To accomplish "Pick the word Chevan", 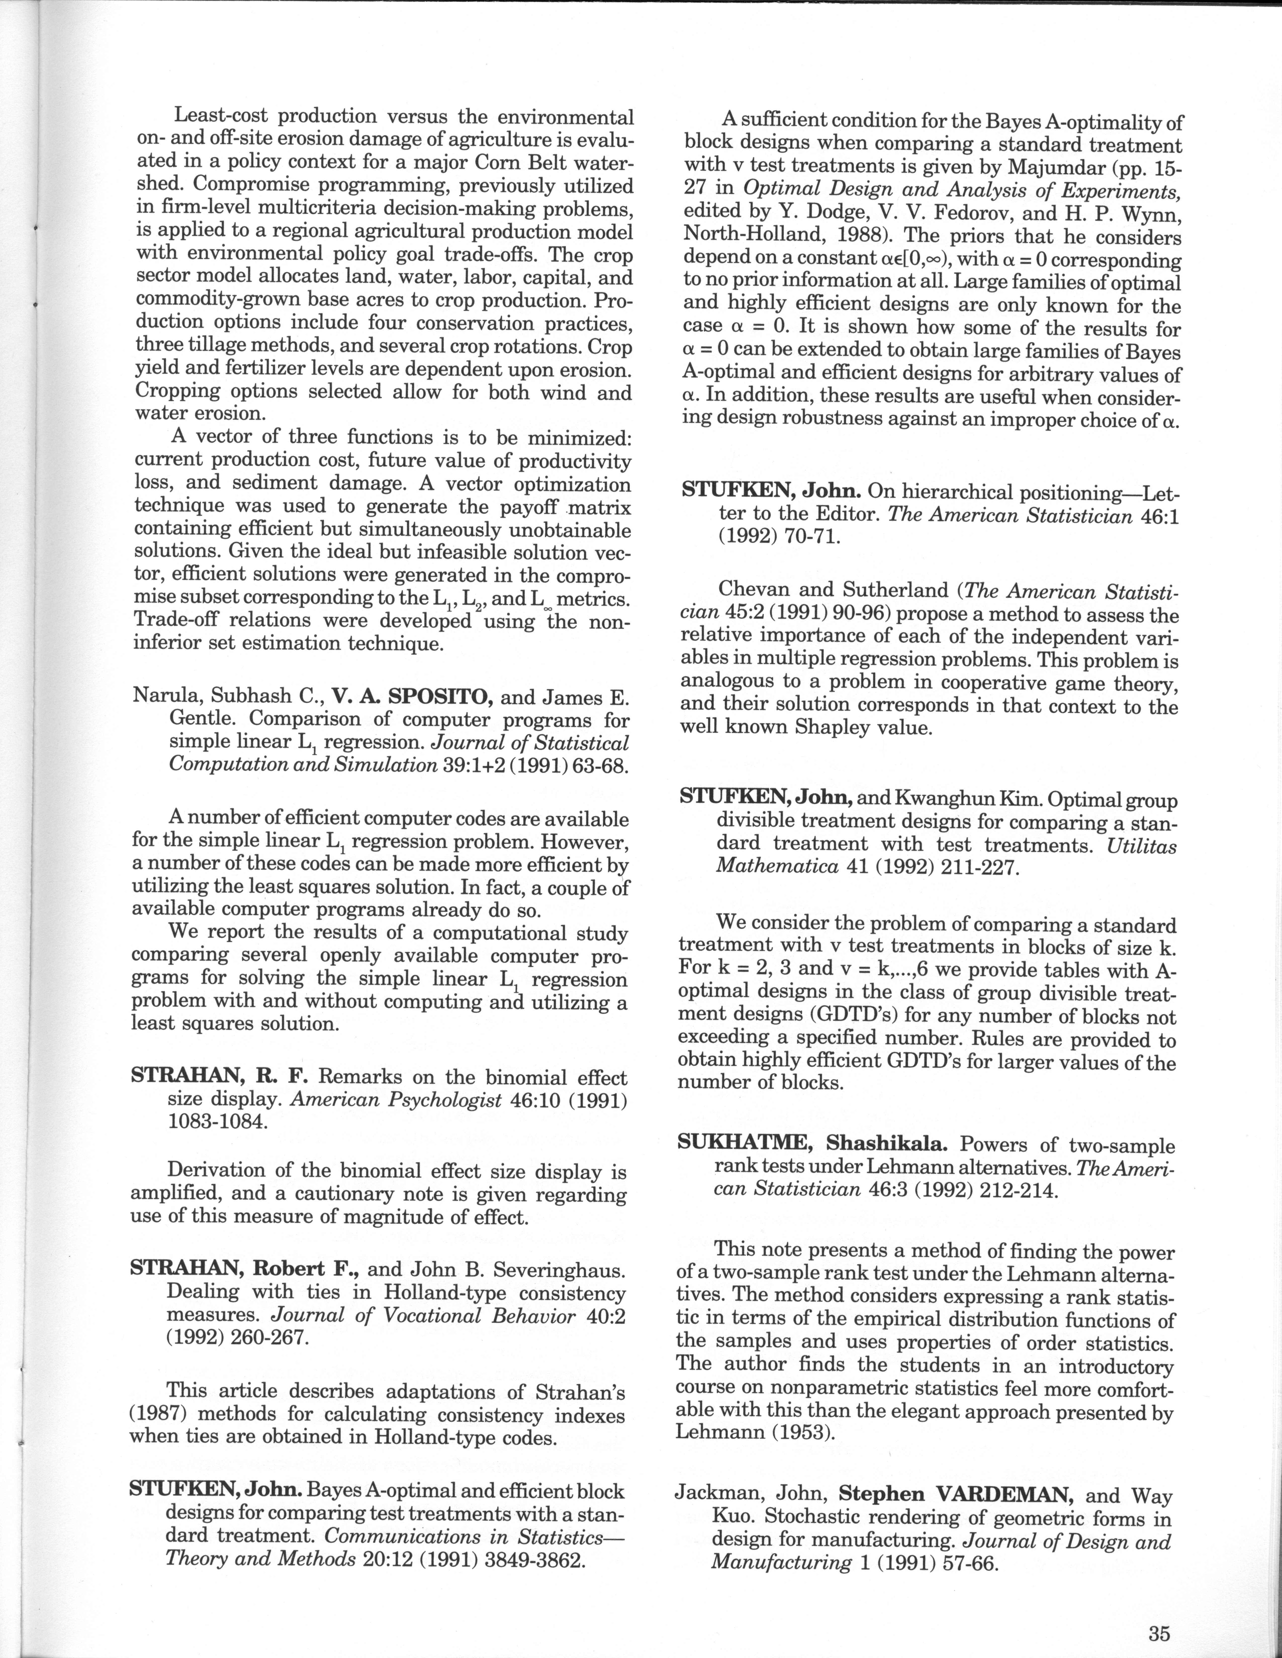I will [x=756, y=589].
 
